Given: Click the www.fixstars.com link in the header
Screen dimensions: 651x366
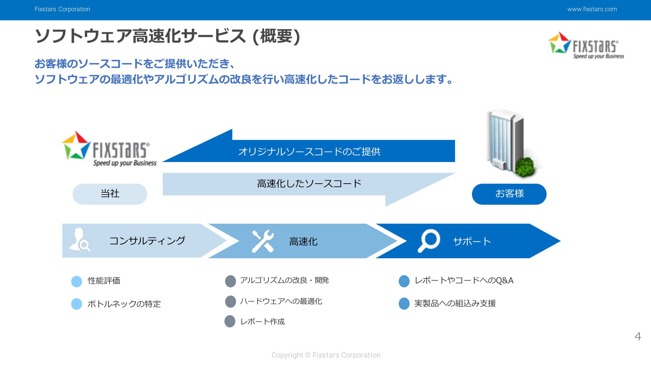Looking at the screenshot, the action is click(592, 9).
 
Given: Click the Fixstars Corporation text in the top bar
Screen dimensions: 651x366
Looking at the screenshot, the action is click(62, 9).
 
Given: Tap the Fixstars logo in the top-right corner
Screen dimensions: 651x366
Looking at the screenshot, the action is click(586, 45).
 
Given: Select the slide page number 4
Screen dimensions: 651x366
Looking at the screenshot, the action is click(638, 336).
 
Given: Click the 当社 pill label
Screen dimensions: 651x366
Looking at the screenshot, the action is click(110, 194).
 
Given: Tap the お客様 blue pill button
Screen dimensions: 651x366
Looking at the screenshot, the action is click(509, 194).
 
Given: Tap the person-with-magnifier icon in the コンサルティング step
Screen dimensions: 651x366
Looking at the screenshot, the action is click(80, 240).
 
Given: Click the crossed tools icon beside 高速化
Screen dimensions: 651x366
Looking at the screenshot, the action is click(263, 241).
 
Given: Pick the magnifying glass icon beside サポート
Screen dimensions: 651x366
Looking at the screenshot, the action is click(429, 241).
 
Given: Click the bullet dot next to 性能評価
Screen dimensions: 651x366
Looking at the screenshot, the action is click(77, 281).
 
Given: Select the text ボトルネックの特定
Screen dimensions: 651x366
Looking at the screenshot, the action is click(124, 304).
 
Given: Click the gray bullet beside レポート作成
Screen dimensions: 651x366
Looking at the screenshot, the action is click(230, 321).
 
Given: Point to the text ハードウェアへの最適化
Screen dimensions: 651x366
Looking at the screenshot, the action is click(281, 301).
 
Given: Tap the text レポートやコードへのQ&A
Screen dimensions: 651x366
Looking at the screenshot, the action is click(464, 281).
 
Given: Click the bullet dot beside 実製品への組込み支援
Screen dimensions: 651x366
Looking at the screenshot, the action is click(404, 304).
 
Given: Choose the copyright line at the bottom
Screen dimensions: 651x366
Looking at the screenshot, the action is click(326, 355).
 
